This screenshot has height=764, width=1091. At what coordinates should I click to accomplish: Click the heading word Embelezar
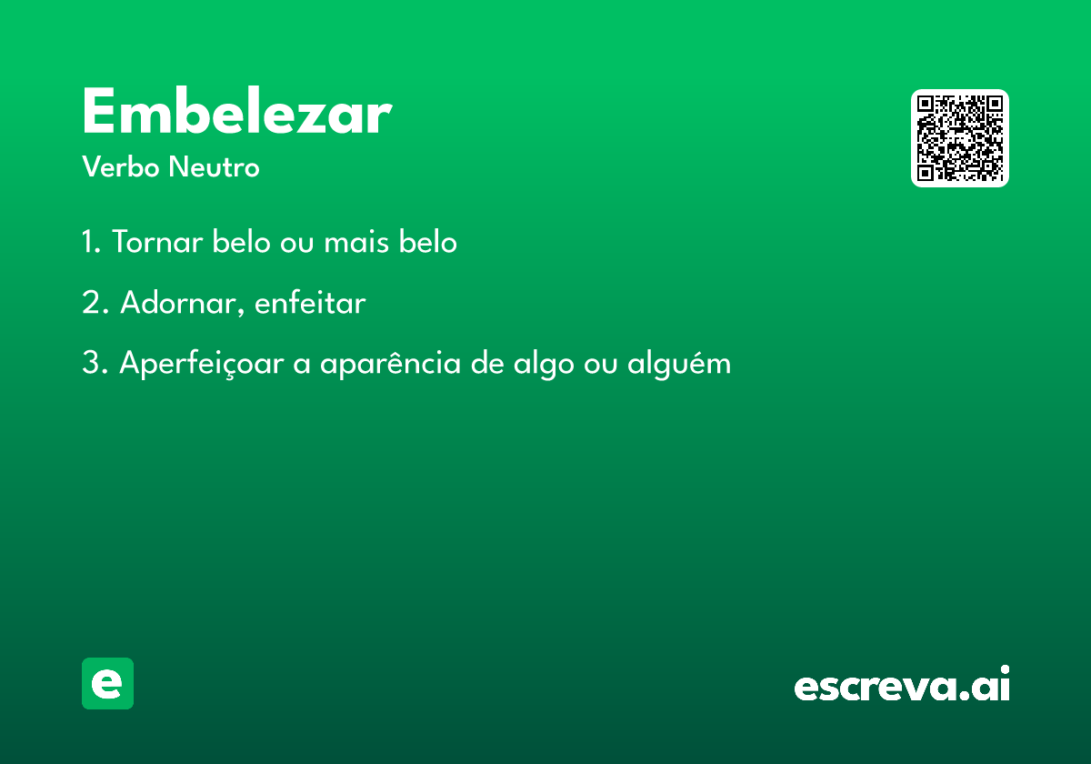pyautogui.click(x=237, y=111)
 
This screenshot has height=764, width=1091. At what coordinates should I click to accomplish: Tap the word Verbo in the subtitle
pyautogui.click(x=121, y=166)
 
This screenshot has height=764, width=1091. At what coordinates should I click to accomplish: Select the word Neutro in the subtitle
pyautogui.click(x=215, y=166)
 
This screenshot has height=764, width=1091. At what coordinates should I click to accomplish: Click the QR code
pyautogui.click(x=959, y=138)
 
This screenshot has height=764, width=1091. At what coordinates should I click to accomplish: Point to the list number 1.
pyautogui.click(x=91, y=241)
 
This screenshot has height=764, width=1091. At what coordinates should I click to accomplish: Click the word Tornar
pyautogui.click(x=157, y=241)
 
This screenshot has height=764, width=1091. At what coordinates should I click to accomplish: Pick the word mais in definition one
pyautogui.click(x=356, y=241)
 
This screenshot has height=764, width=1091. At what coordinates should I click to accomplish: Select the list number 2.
pyautogui.click(x=95, y=302)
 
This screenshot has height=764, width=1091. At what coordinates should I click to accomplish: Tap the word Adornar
pyautogui.click(x=179, y=302)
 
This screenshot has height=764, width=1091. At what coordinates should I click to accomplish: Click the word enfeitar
pyautogui.click(x=310, y=302)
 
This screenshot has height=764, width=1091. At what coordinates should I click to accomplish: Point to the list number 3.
pyautogui.click(x=95, y=363)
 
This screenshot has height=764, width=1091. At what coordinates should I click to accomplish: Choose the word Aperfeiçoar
pyautogui.click(x=202, y=364)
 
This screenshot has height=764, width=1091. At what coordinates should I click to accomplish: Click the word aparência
pyautogui.click(x=390, y=364)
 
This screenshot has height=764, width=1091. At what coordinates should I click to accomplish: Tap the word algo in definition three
pyautogui.click(x=544, y=364)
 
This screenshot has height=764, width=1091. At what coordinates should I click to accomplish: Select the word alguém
pyautogui.click(x=679, y=364)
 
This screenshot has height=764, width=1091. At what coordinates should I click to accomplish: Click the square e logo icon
pyautogui.click(x=107, y=683)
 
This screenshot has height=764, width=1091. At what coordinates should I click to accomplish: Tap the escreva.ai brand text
pyautogui.click(x=902, y=683)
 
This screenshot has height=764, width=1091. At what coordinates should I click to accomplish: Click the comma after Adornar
pyautogui.click(x=241, y=311)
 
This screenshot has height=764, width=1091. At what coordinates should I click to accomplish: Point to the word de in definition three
pyautogui.click(x=487, y=363)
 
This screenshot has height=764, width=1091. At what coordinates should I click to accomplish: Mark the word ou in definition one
pyautogui.click(x=297, y=243)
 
